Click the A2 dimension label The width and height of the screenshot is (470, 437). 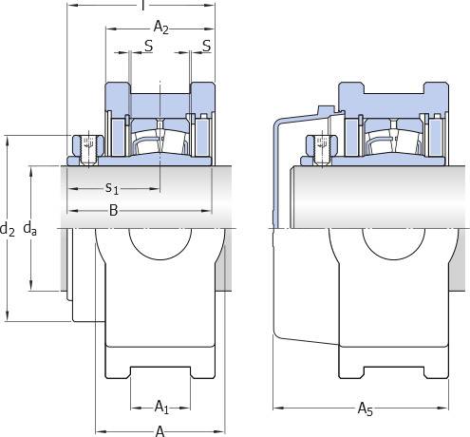[x=160, y=28]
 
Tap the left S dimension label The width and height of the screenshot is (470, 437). [x=148, y=46]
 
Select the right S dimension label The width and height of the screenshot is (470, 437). [x=206, y=46]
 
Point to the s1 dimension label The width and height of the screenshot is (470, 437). [x=112, y=188]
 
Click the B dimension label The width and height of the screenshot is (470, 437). [x=113, y=210]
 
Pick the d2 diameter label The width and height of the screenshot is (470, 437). [x=8, y=229]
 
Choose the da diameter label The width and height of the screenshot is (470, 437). [x=29, y=229]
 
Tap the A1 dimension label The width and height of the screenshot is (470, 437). [x=161, y=407]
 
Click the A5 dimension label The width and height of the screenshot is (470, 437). [x=366, y=408]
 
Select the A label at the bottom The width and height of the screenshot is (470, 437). [x=160, y=431]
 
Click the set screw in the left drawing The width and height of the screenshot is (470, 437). [x=88, y=150]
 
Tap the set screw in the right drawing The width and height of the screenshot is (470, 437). [x=322, y=150]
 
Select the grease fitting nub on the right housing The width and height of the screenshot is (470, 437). [x=326, y=110]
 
